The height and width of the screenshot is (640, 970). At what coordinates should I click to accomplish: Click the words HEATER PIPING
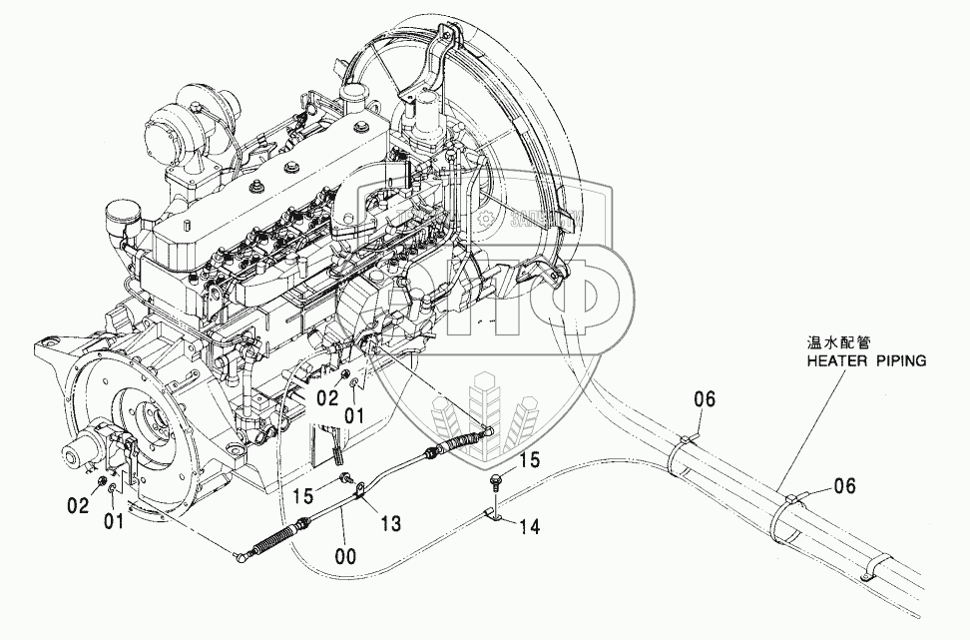coord(866,358)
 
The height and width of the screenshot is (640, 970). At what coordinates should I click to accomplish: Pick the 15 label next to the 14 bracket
coord(530,460)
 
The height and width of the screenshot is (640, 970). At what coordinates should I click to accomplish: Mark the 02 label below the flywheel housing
coord(80,506)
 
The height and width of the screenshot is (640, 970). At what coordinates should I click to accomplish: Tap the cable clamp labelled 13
coord(361,490)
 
